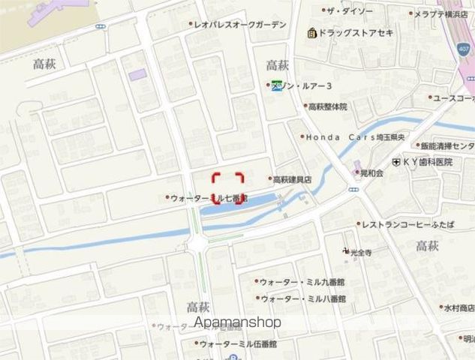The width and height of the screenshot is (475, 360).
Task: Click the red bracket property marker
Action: (x=227, y=188)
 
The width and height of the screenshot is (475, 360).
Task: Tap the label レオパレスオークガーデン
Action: (x=241, y=25)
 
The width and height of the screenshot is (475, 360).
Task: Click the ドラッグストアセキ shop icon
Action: (x=311, y=33)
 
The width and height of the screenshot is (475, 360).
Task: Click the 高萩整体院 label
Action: (x=328, y=106)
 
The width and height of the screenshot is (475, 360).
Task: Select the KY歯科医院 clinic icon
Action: (x=395, y=161)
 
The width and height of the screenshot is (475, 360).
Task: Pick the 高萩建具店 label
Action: (x=292, y=179)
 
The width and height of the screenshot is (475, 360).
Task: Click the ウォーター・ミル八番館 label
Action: (x=302, y=298)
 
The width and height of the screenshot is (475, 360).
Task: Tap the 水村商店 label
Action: (x=458, y=307)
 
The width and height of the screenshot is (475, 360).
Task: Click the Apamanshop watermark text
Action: (x=238, y=322)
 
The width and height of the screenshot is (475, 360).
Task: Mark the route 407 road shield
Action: (x=464, y=48)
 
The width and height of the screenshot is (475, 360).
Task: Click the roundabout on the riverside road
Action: (x=198, y=242)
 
